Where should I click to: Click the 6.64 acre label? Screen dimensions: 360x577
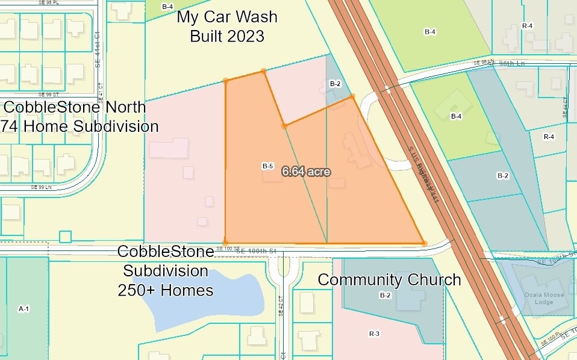(x=306, y=171)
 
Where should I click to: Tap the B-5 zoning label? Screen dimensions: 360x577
(x=268, y=166)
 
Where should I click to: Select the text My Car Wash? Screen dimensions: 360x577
(x=227, y=17)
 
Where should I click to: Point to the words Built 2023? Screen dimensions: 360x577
(x=227, y=36)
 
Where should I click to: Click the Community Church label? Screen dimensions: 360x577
(x=389, y=280)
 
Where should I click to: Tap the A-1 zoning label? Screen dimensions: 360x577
(x=24, y=309)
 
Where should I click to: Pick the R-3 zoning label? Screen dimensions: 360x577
(x=374, y=334)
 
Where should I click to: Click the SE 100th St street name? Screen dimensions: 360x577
(x=256, y=250)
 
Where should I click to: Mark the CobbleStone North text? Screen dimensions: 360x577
(x=75, y=107)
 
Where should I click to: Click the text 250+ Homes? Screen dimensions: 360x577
(x=166, y=290)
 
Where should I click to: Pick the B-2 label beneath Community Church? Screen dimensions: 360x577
(x=385, y=295)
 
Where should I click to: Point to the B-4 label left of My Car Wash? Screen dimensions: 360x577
(x=167, y=7)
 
